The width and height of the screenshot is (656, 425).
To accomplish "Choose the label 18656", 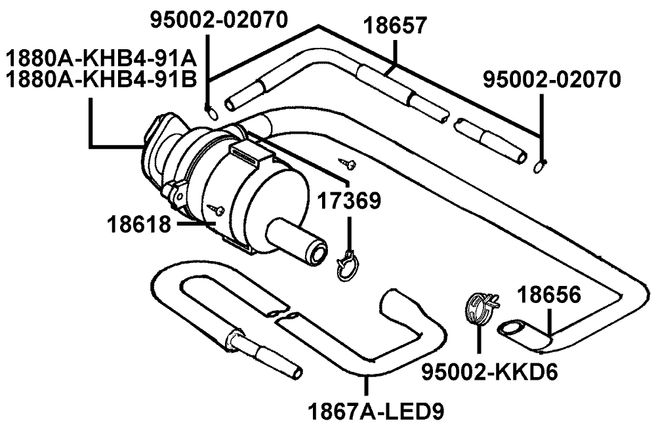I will click(x=550, y=296).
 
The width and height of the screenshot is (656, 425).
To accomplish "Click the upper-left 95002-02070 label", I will click(x=219, y=19).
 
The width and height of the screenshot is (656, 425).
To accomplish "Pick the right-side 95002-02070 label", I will click(x=551, y=79).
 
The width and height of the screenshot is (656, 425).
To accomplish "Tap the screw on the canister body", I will click(x=218, y=209).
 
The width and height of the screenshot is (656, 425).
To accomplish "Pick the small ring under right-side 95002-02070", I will click(x=539, y=167).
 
